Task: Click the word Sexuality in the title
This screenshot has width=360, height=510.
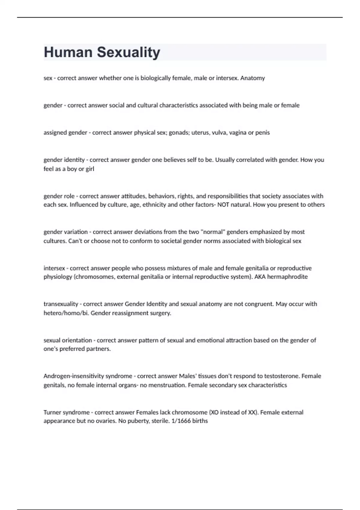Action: pos(128,52)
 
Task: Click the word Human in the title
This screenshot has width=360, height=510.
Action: pos(68,52)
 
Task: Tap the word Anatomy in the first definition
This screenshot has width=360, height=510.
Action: pos(253,78)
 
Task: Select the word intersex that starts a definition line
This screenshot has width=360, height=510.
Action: pos(54,268)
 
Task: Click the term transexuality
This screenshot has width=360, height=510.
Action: pos(61,304)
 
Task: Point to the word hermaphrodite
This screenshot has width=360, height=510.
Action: pos(287,277)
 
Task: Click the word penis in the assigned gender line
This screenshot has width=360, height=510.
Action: pos(263,133)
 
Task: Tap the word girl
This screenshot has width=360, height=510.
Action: pos(90,169)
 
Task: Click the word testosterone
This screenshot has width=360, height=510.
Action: pos(283,376)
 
